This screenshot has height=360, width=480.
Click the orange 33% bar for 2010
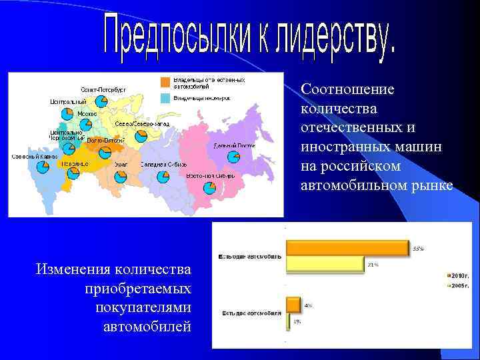point(347,248)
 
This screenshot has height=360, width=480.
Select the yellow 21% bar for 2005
point(325,264)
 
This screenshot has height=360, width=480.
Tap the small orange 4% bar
point(293,305)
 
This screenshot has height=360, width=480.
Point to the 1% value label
point(297,321)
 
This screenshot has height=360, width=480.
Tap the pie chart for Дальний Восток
point(234,157)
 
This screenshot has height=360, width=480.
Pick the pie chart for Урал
point(121,177)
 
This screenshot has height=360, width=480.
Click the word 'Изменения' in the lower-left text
point(73,269)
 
